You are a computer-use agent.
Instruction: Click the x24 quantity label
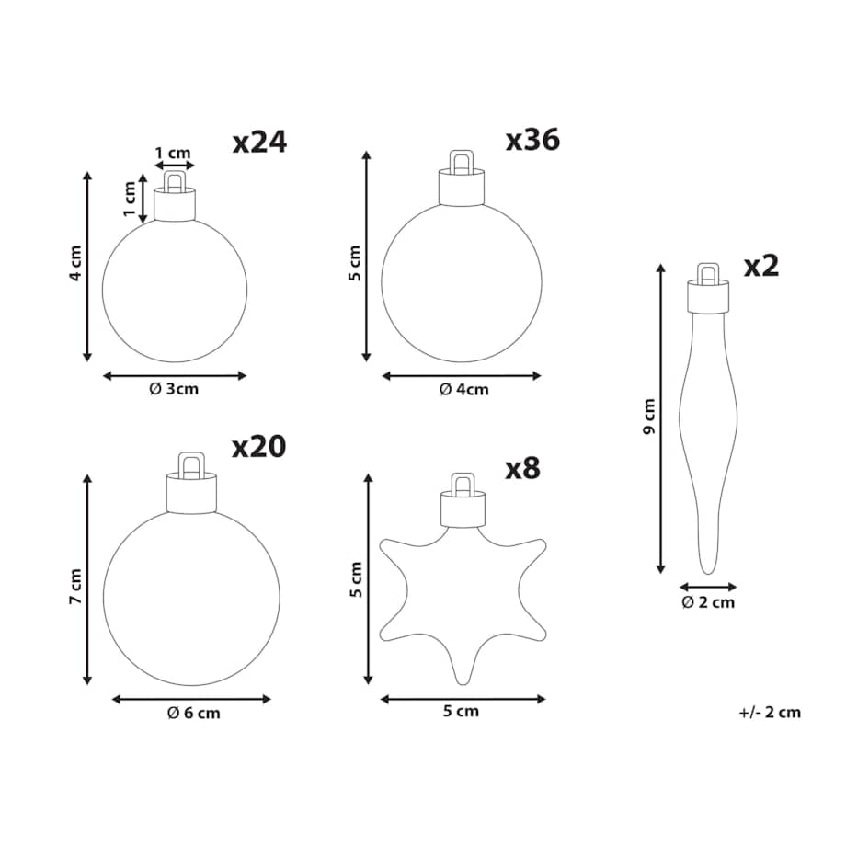coord(259,143)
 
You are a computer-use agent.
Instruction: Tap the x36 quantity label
coord(532,140)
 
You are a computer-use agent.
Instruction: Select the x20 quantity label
coord(259,447)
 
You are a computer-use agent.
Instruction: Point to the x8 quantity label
coord(522,468)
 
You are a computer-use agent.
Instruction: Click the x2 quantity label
coord(761,266)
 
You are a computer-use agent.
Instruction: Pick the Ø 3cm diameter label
coord(174,388)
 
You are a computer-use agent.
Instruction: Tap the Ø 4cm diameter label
coord(464,389)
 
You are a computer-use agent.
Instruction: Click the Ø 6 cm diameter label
coord(194,713)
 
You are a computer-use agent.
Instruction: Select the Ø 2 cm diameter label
coord(708,601)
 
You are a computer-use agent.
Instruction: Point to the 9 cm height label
coord(649,416)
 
